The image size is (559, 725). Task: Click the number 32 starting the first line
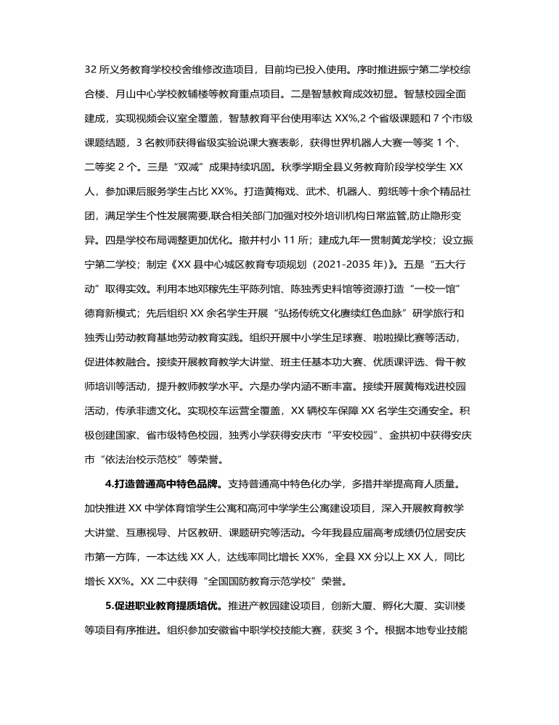[91, 70]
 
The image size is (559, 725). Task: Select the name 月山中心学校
[147, 91]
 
